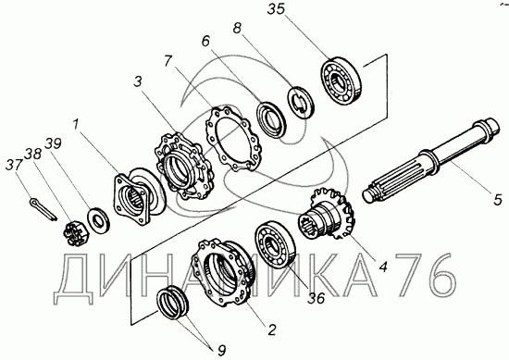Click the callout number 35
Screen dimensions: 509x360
point(276,9)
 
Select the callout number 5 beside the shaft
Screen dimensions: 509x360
point(498,199)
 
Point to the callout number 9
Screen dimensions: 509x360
point(221,351)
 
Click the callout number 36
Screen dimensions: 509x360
point(317,298)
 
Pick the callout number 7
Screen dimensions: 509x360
point(168,61)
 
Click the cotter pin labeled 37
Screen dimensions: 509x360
point(43,210)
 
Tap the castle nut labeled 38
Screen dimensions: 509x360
point(74,232)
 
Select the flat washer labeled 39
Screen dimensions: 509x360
point(98,221)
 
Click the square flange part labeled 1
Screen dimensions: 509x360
point(138,197)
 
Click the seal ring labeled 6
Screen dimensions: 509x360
point(271,118)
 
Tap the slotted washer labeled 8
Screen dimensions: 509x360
point(301,102)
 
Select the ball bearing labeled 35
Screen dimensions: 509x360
point(341,81)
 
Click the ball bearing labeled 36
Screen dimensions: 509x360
point(275,244)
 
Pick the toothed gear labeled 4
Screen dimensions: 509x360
point(328,215)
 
